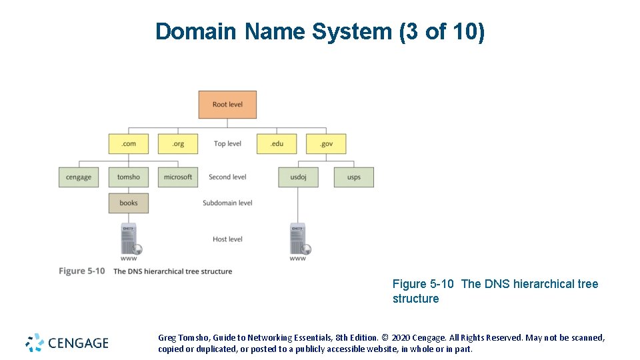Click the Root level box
coord(227,105)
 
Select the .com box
coord(129,143)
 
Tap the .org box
coord(178,143)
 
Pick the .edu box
coord(277,143)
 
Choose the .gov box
coord(326,143)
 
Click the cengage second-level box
coord(79,177)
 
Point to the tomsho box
coord(129,177)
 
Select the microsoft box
coord(178,177)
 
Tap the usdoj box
coord(298,177)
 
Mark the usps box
coord(354,177)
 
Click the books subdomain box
coord(129,203)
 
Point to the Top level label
coord(227,143)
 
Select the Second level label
coord(227,177)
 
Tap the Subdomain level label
coord(227,203)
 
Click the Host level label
coord(227,239)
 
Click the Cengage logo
coord(67,343)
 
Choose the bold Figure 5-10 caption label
coord(81,271)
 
